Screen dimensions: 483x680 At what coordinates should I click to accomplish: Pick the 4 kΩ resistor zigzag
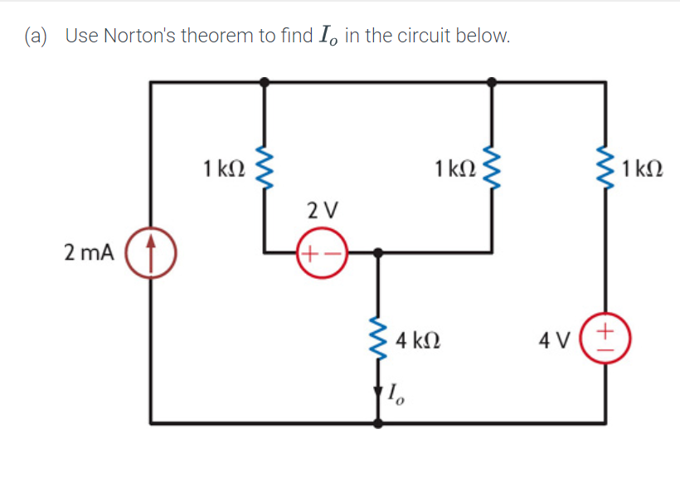[x=380, y=339]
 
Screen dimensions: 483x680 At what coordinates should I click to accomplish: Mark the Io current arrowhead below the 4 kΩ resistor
[x=380, y=390]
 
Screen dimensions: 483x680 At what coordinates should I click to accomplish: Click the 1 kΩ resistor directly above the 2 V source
[x=265, y=168]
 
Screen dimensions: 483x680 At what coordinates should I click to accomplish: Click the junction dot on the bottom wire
[x=380, y=422]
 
